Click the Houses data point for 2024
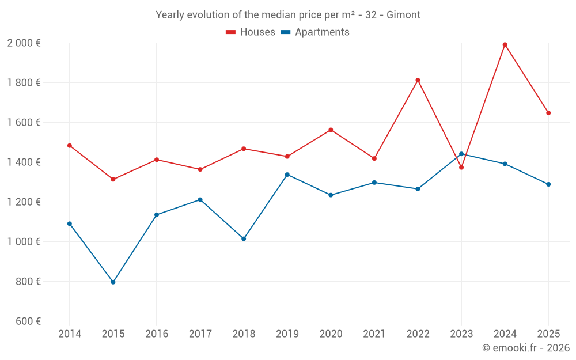click(505, 44)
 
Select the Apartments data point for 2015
click(113, 282)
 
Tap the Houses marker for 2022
click(418, 80)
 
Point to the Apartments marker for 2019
click(287, 175)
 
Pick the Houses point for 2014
click(70, 146)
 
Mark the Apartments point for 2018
click(244, 238)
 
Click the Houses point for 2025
click(548, 113)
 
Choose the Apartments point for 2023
click(461, 154)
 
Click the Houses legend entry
click(251, 32)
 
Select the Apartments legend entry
click(315, 32)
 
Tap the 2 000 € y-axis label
click(24, 43)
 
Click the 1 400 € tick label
click(24, 162)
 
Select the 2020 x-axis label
click(331, 334)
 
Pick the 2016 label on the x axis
click(157, 334)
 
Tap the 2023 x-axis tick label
click(461, 334)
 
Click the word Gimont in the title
click(403, 15)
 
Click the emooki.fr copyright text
click(526, 348)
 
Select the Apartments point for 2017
click(200, 200)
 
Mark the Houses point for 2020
click(331, 130)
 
